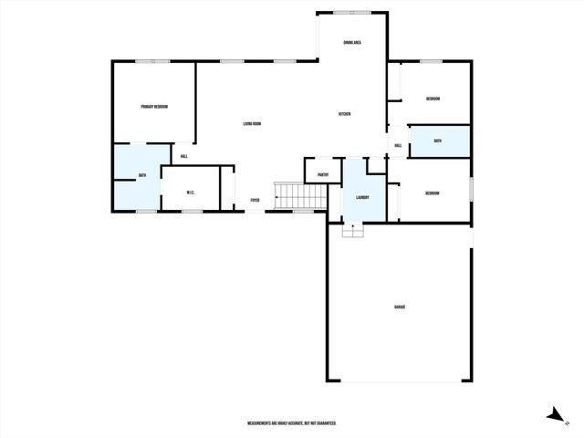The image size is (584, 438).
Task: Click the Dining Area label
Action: pyautogui.click(x=351, y=43)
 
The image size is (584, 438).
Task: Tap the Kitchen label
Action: pyautogui.click(x=345, y=114)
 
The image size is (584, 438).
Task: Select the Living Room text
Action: pyautogui.click(x=253, y=123)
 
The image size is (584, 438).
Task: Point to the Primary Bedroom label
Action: pyautogui.click(x=153, y=107)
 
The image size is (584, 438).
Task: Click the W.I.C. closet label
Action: pyautogui.click(x=190, y=192)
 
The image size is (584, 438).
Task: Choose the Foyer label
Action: pyautogui.click(x=255, y=200)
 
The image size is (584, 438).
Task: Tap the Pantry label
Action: pyautogui.click(x=323, y=174)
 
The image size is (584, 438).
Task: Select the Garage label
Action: pyautogui.click(x=400, y=307)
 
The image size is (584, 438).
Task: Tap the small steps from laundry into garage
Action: pyautogui.click(x=352, y=231)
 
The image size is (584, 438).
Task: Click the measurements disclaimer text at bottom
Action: pyautogui.click(x=292, y=423)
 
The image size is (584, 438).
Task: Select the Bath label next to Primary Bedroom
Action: pyautogui.click(x=142, y=175)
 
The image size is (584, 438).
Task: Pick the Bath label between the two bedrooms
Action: pyautogui.click(x=438, y=141)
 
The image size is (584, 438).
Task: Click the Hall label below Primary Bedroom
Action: pyautogui.click(x=183, y=157)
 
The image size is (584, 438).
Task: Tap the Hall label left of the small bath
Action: pyautogui.click(x=398, y=145)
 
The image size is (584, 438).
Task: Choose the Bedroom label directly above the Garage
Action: pyautogui.click(x=433, y=193)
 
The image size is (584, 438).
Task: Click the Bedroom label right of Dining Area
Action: pyautogui.click(x=433, y=99)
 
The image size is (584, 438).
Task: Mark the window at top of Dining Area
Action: pyautogui.click(x=351, y=12)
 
